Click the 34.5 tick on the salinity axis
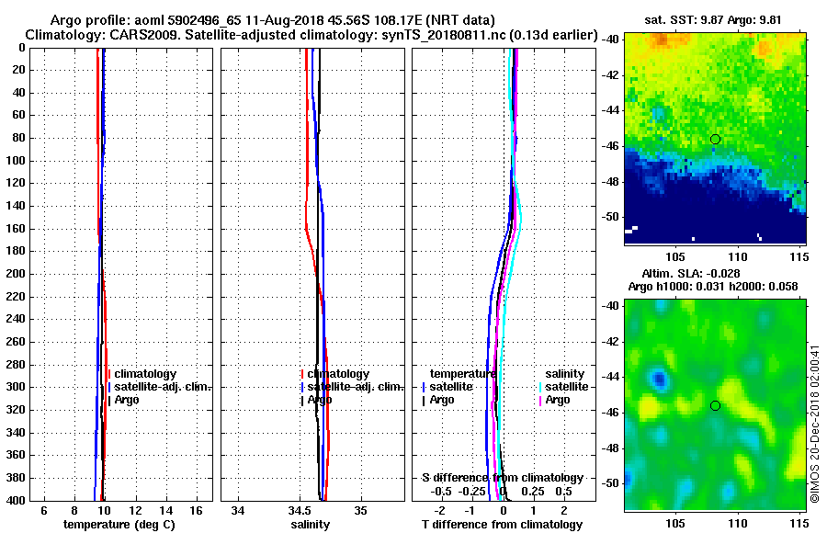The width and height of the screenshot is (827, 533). pos(299,511)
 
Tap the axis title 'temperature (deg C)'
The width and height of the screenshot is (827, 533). pos(119,525)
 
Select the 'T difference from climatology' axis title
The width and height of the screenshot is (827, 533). pos(502,525)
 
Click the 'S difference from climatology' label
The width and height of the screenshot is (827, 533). pos(502,478)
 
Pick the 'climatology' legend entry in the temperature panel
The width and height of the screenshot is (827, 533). pos(144,374)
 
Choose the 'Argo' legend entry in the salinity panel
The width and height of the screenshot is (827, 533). pos(319,400)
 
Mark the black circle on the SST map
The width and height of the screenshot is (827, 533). pos(715,139)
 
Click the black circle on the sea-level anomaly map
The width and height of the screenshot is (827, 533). pos(715,405)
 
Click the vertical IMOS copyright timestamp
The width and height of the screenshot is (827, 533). pos(815,423)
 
